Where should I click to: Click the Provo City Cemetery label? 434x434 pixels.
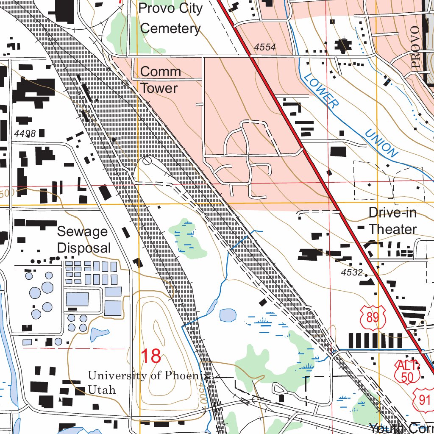coord(170,18)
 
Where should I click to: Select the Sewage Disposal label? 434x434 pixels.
coord(83,240)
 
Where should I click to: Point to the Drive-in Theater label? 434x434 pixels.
coord(392,221)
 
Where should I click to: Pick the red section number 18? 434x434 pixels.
coord(151,356)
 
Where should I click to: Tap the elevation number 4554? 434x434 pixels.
coord(265,47)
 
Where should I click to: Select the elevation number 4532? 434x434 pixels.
coord(352,273)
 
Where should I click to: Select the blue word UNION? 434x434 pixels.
coord(382,143)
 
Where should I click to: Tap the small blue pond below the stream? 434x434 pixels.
coord(228,315)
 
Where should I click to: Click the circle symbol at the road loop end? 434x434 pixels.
coord(147,161)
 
